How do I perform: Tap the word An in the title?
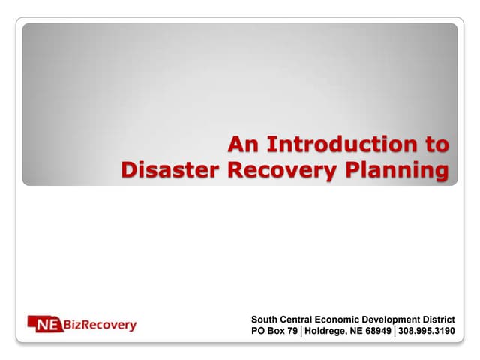click(x=244, y=143)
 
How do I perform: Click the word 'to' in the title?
click(x=436, y=143)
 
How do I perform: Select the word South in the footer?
click(x=265, y=319)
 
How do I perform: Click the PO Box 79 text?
click(x=274, y=331)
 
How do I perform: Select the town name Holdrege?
click(x=328, y=331)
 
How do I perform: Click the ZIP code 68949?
click(x=378, y=331)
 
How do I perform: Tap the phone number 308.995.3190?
click(x=426, y=331)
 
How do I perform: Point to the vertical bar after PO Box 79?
click(x=301, y=331)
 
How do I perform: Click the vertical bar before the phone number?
click(x=395, y=331)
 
